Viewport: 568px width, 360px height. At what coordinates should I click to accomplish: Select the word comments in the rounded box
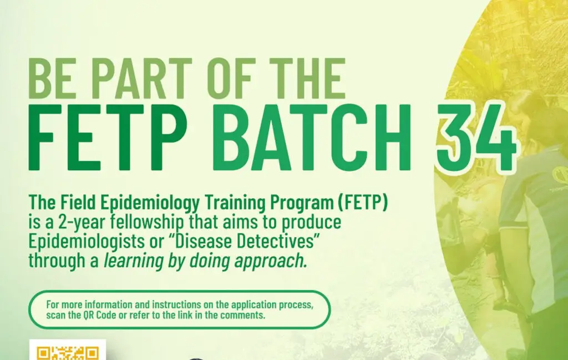245,316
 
